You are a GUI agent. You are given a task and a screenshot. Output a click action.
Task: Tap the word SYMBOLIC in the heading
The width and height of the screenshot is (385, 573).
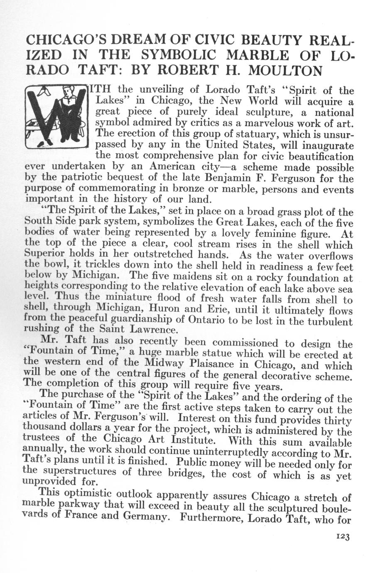pos(184,55)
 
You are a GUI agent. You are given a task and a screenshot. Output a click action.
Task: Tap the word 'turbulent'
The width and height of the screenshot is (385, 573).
pos(327,322)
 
